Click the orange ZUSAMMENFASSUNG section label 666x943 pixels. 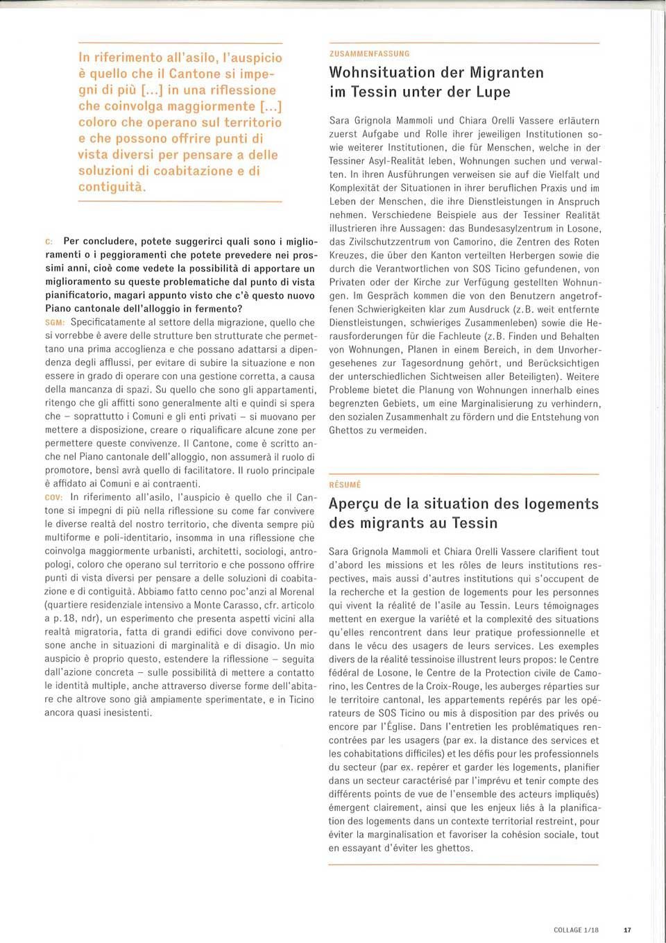tap(369, 53)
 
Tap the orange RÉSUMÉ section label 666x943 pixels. tap(345, 485)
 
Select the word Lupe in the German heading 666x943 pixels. tap(493, 92)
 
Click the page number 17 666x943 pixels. tap(627, 930)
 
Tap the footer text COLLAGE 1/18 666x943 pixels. tap(576, 930)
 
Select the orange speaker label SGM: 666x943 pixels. tap(55, 323)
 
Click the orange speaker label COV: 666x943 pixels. tap(54, 498)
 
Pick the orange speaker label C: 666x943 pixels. tap(49, 242)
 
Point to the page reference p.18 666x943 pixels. tap(65, 619)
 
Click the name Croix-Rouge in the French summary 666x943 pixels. tap(452, 686)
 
